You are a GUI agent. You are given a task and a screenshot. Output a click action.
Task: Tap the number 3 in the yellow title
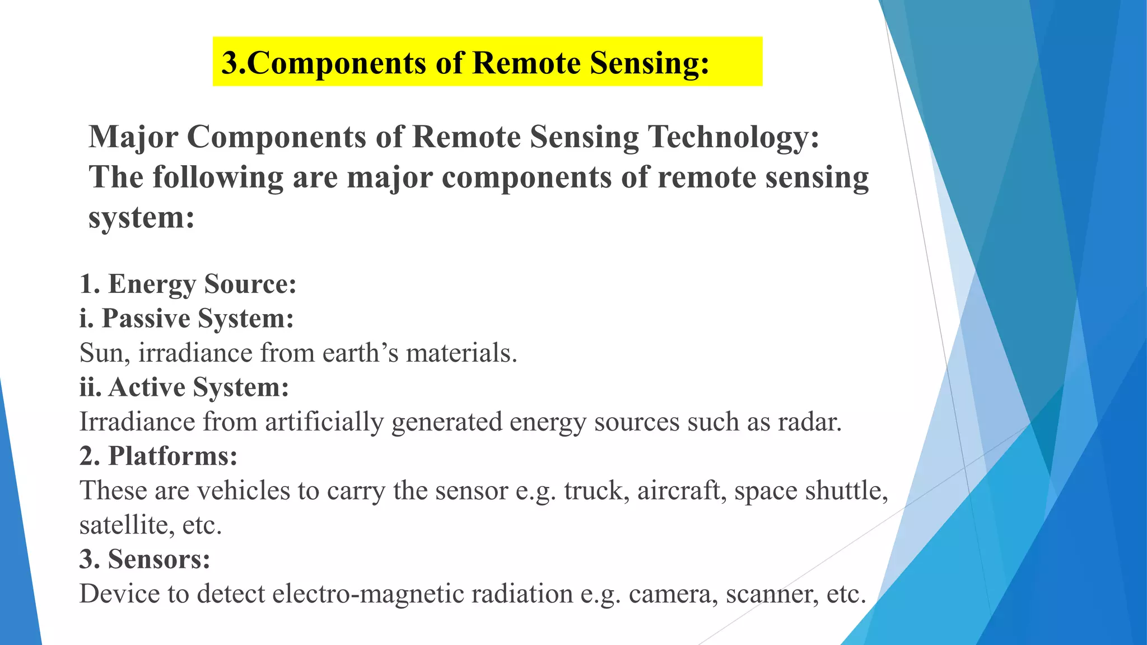coord(230,63)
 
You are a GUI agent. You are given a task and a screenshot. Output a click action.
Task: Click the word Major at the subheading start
coord(133,137)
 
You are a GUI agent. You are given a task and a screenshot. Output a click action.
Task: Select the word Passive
coord(146,319)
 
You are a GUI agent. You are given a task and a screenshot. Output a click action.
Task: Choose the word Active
coord(147,387)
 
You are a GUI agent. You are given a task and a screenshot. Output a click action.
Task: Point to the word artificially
coord(324,422)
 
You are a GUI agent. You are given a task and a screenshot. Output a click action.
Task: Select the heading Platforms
coord(172,456)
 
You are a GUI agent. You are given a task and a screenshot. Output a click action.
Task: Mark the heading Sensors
coord(159,559)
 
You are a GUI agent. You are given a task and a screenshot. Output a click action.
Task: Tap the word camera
coord(673,594)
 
